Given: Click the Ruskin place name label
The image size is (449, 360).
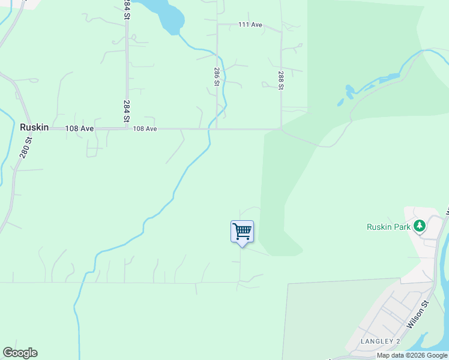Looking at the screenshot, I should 34,127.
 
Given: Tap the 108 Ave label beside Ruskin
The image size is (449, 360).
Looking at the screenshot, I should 79,128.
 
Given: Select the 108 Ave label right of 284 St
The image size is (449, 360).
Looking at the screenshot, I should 145,128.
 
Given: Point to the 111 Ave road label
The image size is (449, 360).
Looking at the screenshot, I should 250,25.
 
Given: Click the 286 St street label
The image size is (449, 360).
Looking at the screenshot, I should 216,77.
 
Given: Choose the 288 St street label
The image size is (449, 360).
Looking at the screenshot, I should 281,80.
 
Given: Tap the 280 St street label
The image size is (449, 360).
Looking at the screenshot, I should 25,148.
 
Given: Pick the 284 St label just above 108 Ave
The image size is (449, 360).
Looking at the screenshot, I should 127,112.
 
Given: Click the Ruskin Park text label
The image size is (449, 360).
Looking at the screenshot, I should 388,227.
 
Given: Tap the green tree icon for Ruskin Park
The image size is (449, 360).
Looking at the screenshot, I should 419,226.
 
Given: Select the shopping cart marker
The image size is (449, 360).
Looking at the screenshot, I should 242,232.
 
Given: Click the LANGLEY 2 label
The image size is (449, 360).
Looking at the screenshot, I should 380,341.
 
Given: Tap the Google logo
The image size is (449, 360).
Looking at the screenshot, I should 20,353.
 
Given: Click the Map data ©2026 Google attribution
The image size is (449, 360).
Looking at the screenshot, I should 412,355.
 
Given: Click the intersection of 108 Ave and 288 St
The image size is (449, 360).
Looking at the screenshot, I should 281,128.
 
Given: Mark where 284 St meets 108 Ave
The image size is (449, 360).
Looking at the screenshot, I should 127,128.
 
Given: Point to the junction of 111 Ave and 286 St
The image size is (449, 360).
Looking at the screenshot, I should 217,25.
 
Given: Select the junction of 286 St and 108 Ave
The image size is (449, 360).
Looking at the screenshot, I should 217,128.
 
